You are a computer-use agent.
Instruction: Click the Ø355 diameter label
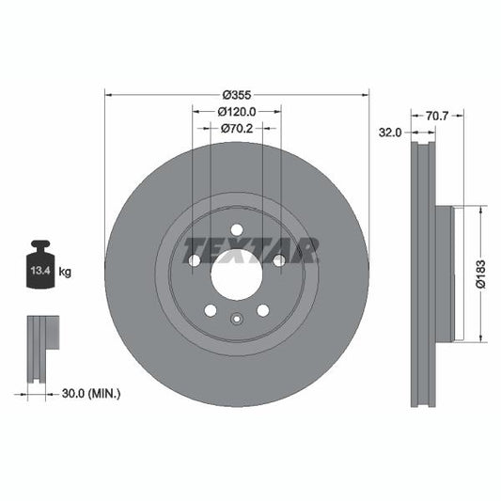coord(236,95)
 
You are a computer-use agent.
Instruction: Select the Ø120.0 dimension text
coord(236,112)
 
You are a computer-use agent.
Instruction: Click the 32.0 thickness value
coord(390,133)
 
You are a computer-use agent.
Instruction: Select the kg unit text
coord(67,273)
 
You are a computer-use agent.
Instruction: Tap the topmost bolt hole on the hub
coord(237,229)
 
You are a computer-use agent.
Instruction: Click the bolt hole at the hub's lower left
coord(211,310)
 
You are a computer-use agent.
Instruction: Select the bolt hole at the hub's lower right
coord(263,310)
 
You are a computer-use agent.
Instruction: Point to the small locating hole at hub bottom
coord(237,318)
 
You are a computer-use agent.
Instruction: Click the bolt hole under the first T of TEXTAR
coord(195,260)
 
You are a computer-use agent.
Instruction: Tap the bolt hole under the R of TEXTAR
coord(279,260)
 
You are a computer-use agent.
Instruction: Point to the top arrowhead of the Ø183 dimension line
coord(482,211)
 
